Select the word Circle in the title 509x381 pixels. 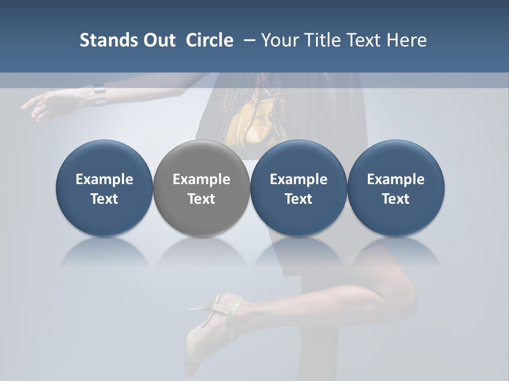[209, 40]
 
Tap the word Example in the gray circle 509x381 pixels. [201, 179]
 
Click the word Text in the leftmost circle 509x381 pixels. [104, 199]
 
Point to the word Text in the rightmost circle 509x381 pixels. [396, 199]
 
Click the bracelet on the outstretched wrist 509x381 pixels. [99, 95]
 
